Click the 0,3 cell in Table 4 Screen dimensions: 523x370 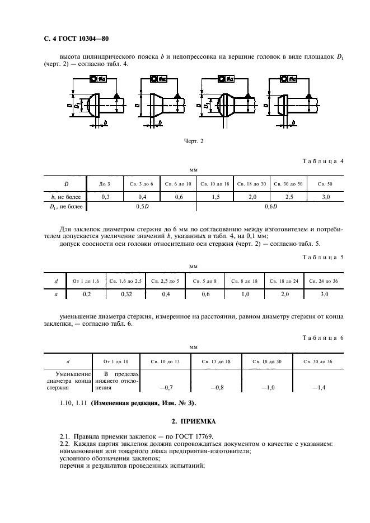[105, 197]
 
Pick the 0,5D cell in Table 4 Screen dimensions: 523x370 [143, 207]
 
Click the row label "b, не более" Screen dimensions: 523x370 [66, 197]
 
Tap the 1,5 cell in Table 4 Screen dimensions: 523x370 [215, 197]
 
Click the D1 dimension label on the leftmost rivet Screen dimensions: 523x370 [79, 104]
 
